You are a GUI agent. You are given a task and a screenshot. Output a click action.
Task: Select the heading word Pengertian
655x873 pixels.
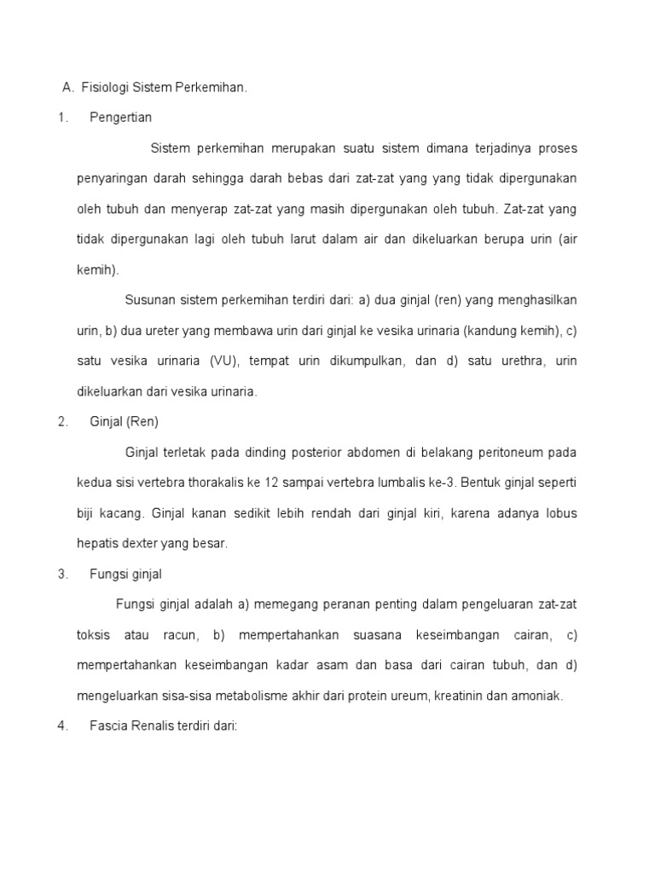[120, 118]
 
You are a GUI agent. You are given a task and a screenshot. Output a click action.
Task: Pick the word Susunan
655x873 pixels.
[149, 300]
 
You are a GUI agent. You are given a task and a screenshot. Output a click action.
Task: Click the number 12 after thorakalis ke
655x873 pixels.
[273, 483]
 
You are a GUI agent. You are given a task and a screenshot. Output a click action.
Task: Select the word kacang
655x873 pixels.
[125, 513]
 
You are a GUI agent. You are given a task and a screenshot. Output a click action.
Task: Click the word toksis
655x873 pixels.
[94, 635]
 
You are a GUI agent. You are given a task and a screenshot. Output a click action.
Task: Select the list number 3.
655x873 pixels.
[62, 574]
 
